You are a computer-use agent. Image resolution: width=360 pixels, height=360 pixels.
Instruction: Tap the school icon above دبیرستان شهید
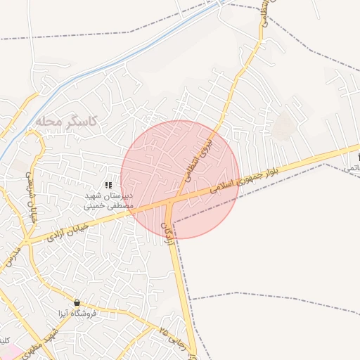click(108, 184)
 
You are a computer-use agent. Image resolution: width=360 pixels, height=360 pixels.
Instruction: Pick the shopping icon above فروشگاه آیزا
click(77, 302)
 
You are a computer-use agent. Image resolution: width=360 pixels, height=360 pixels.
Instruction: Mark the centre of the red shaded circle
click(180, 179)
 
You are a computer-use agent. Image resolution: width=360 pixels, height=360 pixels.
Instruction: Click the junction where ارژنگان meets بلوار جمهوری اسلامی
click(171, 203)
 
